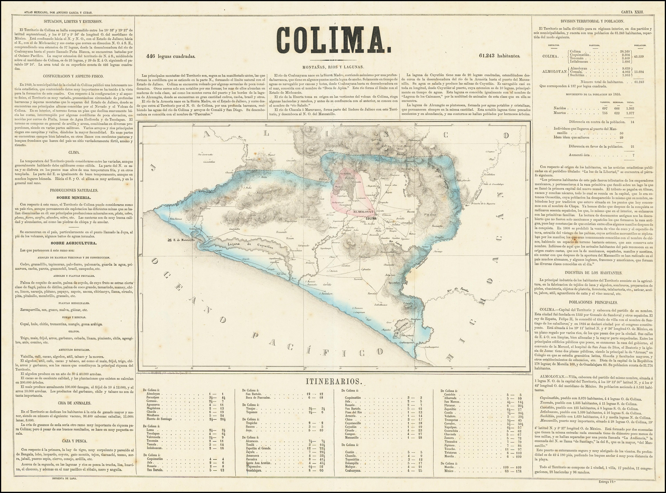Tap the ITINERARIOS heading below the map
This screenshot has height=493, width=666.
pyautogui.click(x=333, y=381)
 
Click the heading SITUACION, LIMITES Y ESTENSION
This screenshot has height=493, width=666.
pyautogui.click(x=73, y=22)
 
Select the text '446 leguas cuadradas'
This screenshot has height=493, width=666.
pyautogui.click(x=170, y=56)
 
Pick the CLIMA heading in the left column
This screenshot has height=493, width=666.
pyautogui.click(x=74, y=152)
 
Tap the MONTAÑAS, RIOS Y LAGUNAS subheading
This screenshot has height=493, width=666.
pyautogui.click(x=333, y=67)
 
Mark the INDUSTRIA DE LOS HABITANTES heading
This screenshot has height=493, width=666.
pyautogui.click(x=594, y=273)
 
